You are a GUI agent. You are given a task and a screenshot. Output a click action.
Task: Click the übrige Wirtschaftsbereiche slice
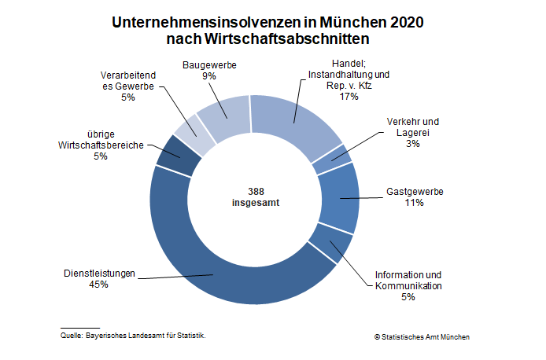tap(170, 155)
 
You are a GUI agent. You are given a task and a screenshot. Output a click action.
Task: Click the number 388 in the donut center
tap(255, 190)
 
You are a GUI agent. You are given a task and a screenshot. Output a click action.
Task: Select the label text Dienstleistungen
tap(99, 274)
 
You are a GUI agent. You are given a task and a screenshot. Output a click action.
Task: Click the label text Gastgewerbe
tap(415, 192)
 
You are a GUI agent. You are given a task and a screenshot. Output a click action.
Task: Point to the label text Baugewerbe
tap(209, 65)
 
